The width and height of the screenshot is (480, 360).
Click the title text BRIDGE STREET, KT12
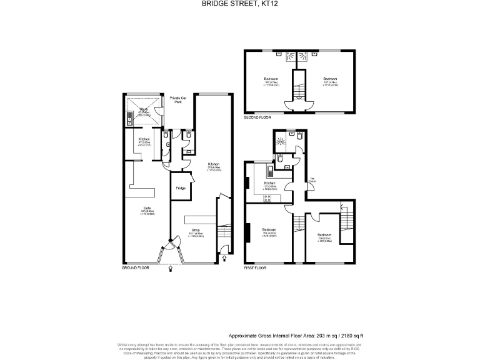239,4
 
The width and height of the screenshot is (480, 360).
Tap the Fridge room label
181,187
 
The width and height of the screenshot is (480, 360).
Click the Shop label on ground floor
196,229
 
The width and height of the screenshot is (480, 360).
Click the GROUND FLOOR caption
135,267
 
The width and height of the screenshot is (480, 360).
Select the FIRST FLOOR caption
255,267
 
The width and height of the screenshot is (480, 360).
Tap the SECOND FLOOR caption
259,117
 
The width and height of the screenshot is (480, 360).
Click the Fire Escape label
312,181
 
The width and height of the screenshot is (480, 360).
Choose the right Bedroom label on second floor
331,78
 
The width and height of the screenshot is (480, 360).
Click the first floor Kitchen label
270,182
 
